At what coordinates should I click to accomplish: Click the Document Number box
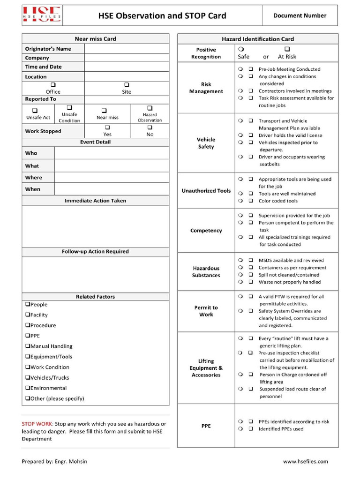[x=300, y=15]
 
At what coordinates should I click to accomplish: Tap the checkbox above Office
[x=53, y=85]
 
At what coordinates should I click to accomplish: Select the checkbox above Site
[x=127, y=85]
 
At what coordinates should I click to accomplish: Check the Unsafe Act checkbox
[x=35, y=110]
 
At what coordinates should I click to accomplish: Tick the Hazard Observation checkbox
[x=150, y=108]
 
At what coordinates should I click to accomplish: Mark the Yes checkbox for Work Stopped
[x=107, y=127]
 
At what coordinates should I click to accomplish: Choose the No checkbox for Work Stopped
[x=150, y=127]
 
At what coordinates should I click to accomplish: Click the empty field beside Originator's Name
[x=127, y=49]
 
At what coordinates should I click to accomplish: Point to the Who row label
[x=31, y=153]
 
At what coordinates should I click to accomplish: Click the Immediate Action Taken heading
[x=95, y=201]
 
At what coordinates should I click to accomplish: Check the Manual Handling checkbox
[x=28, y=346]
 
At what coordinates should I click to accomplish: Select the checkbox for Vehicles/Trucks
[x=28, y=377]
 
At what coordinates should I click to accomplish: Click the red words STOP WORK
[x=37, y=424]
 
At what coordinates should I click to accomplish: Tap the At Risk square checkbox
[x=287, y=49]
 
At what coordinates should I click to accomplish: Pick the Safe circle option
[x=240, y=49]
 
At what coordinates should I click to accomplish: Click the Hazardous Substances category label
[x=206, y=272]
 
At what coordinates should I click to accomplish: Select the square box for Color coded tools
[x=251, y=201]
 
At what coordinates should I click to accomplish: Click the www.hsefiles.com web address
[x=306, y=461]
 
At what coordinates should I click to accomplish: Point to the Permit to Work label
[x=206, y=311]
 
